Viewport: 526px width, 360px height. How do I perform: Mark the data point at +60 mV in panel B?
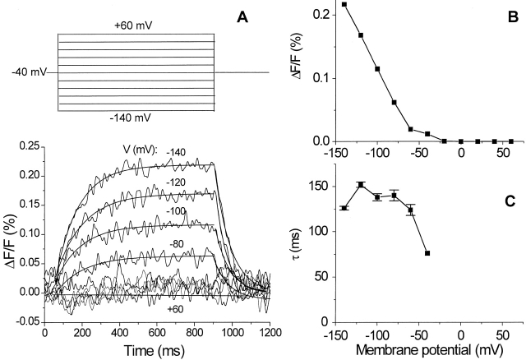point(511,141)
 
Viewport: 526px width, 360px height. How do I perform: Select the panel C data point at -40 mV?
point(427,253)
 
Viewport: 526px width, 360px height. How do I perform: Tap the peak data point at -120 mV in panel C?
point(361,185)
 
